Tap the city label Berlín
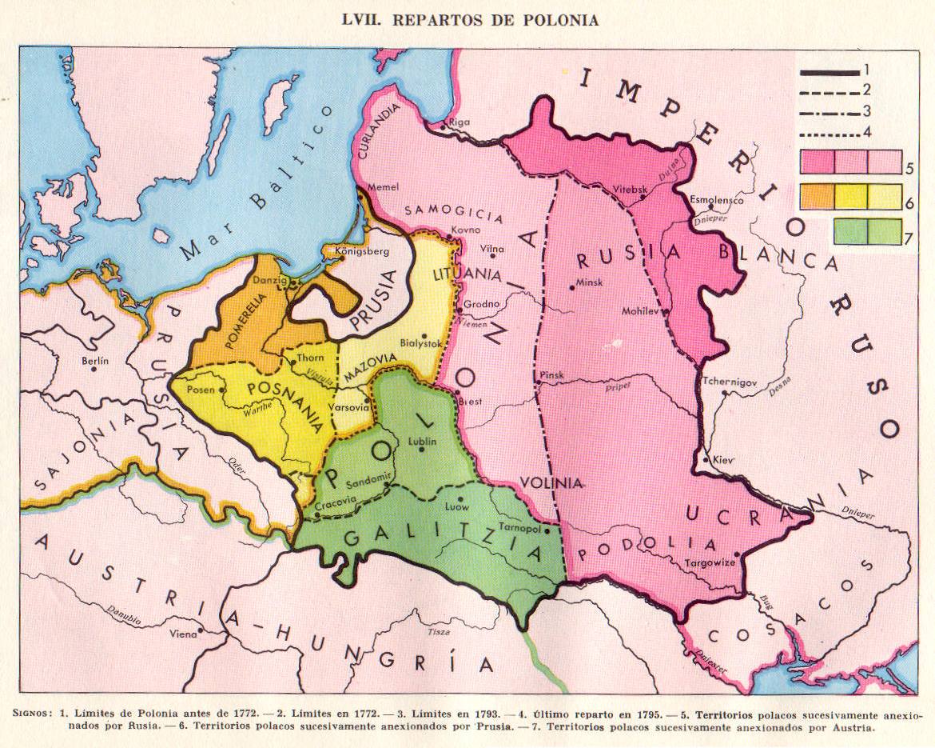point(94,361)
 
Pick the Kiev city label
point(722,459)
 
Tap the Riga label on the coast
point(461,122)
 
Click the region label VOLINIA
point(551,482)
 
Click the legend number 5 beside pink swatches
point(910,169)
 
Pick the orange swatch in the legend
point(817,196)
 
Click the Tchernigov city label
point(729,382)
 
